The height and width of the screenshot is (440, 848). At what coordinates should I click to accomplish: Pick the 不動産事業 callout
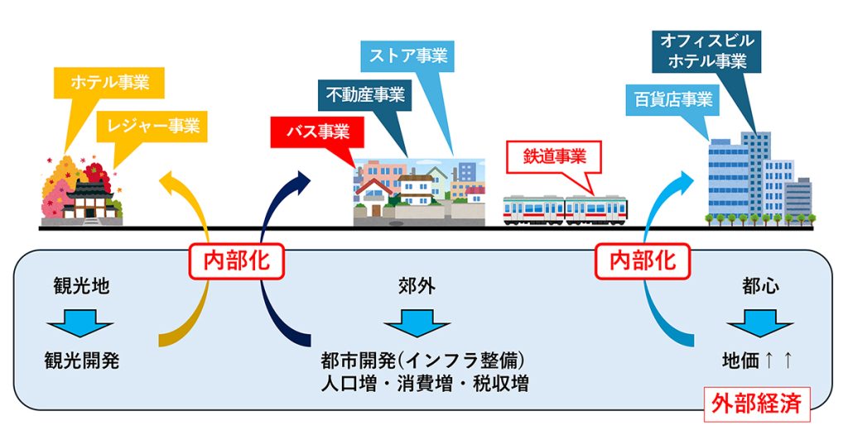(364, 96)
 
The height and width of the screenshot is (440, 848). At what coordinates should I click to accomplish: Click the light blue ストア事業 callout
(407, 56)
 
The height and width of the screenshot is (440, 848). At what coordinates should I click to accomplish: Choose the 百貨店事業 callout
(673, 100)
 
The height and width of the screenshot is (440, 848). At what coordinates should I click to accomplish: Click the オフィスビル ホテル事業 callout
(706, 50)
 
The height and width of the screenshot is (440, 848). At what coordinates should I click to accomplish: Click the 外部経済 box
(756, 404)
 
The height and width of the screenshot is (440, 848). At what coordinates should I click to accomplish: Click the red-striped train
(565, 208)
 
